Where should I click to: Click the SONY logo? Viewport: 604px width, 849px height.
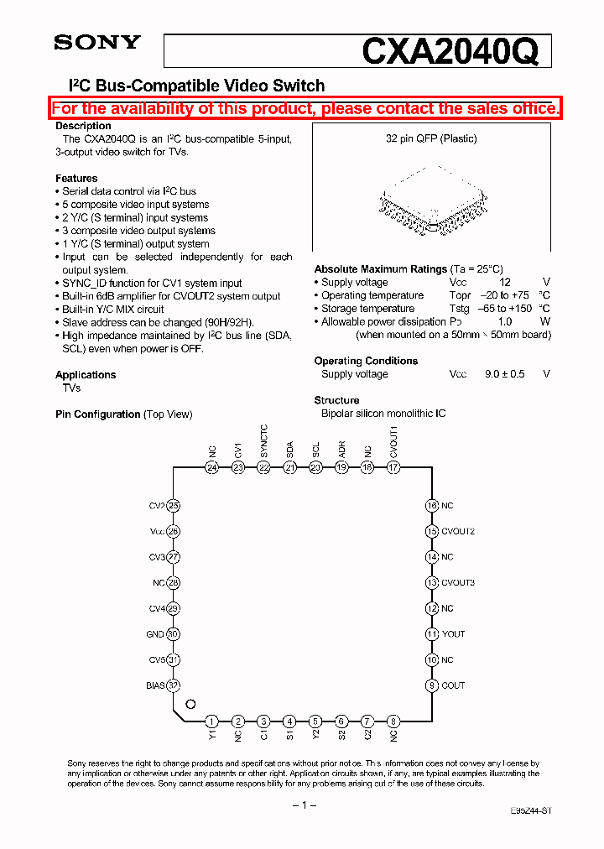coord(97,43)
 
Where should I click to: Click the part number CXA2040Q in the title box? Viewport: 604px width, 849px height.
coord(449,52)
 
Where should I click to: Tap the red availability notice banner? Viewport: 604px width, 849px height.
coord(306,108)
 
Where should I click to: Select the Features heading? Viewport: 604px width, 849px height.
coord(76,179)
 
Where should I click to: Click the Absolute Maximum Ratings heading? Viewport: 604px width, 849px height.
coord(380,269)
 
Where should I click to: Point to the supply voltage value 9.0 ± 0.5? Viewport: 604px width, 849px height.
coord(504,374)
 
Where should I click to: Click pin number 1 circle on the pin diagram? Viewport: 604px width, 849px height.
coord(212,721)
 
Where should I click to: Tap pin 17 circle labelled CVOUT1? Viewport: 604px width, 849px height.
coord(393,468)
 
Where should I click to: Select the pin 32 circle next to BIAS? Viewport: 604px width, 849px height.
coord(174,685)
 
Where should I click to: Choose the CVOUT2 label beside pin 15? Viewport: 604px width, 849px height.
coord(458,532)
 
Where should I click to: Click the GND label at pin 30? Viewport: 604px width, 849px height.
coord(155,635)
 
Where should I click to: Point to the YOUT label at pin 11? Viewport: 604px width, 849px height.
coord(453,634)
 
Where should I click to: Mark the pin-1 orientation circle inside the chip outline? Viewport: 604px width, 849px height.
coord(190,705)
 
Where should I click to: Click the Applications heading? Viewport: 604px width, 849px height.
coord(86,375)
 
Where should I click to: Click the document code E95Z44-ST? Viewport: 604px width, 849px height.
coord(530,812)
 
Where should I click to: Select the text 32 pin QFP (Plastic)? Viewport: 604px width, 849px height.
coord(431,139)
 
